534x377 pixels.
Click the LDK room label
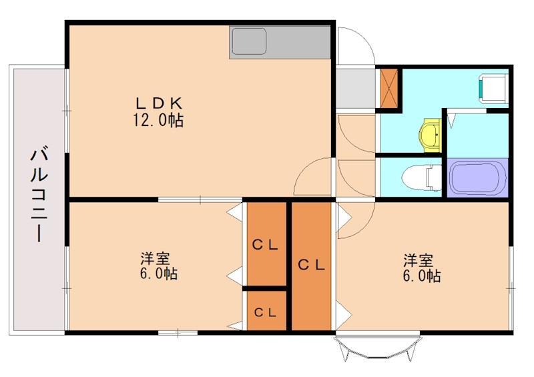(x=159, y=103)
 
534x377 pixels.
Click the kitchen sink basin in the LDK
(x=249, y=41)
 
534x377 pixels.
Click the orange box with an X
(x=390, y=87)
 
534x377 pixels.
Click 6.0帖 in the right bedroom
(x=421, y=276)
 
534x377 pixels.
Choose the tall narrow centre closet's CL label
(x=311, y=264)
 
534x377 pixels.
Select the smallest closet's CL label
(x=266, y=312)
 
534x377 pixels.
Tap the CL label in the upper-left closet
(x=266, y=244)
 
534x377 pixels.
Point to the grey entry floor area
(x=354, y=88)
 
